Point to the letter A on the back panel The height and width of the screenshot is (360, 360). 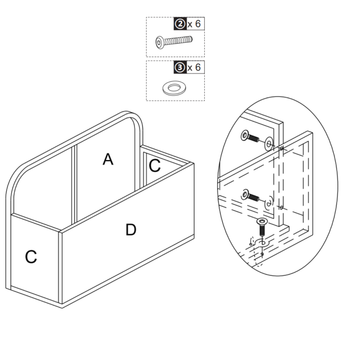(x=108, y=160)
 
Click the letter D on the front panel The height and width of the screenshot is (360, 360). (x=130, y=230)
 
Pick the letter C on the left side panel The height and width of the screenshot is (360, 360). (x=31, y=257)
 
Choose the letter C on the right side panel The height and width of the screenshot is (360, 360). (x=155, y=166)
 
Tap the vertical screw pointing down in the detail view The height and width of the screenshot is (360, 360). (x=262, y=227)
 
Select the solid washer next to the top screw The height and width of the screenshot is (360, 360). (x=270, y=143)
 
